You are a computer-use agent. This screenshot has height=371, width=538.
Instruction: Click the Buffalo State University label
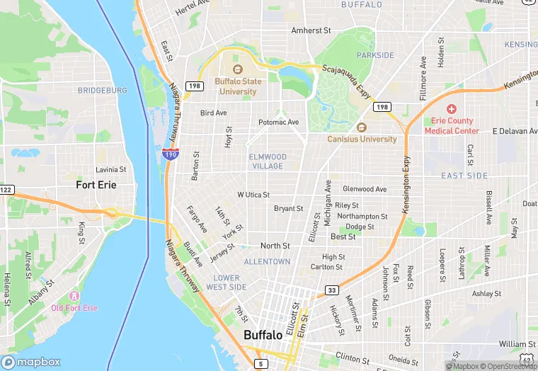238,86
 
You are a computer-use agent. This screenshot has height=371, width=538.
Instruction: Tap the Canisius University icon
362,127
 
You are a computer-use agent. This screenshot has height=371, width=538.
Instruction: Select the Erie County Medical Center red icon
451,110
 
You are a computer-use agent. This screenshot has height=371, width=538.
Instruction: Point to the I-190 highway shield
170,154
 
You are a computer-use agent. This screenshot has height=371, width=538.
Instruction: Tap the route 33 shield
332,290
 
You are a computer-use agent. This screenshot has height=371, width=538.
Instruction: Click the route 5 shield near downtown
262,364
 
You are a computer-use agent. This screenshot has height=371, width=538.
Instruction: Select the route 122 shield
6,190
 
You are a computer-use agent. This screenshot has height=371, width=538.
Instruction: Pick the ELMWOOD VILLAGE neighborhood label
268,161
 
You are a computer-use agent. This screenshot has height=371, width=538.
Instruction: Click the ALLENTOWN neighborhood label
267,261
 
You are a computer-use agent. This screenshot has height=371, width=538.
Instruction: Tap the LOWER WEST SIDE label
227,282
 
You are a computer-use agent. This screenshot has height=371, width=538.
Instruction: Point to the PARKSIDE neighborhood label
375,55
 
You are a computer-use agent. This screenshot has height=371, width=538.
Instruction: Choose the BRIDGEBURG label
103,91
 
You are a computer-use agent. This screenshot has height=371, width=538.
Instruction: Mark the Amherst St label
311,30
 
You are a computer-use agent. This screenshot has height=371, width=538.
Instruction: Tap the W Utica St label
253,194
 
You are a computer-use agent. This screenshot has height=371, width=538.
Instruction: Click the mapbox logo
31,362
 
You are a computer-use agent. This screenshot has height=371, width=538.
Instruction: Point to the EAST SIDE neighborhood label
464,176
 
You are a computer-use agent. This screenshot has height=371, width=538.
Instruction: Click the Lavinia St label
110,170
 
